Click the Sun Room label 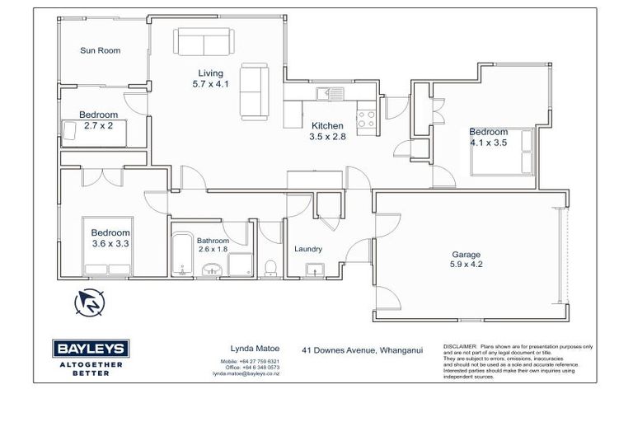tap(100, 51)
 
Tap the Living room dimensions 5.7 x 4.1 tap(204, 84)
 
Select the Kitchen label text tap(327, 126)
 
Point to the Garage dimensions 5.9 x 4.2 tap(466, 266)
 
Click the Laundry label tap(308, 249)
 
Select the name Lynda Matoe tap(247, 349)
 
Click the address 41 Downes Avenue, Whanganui tap(362, 349)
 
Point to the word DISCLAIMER tap(461, 347)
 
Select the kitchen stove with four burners tap(366, 120)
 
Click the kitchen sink tap(333, 92)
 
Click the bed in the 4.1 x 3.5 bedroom tap(503, 154)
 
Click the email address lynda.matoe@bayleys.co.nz tap(247, 374)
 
